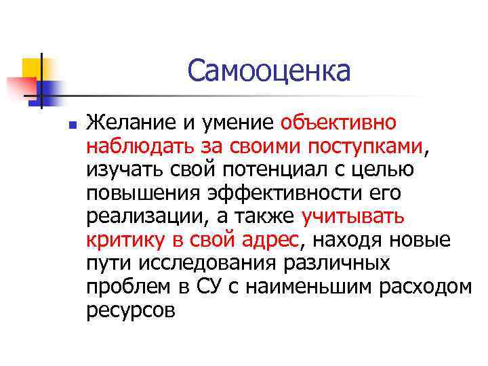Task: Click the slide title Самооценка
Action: click(x=269, y=70)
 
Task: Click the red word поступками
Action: click(x=366, y=146)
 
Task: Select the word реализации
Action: click(x=142, y=216)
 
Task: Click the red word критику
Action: click(x=123, y=240)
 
